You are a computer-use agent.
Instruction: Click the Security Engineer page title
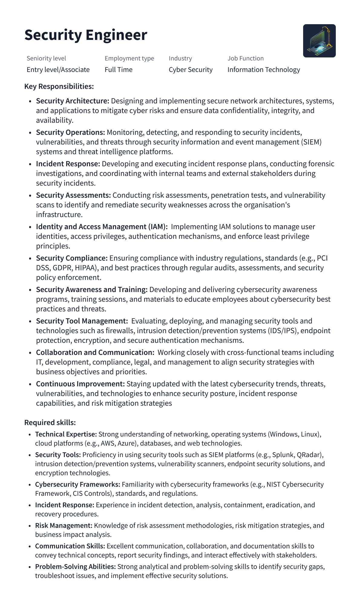[x=86, y=35]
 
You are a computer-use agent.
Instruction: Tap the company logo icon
[x=319, y=41]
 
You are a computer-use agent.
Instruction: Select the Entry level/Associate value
[x=58, y=70]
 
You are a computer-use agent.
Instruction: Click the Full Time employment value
[x=119, y=70]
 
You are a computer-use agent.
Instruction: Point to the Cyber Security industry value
[x=191, y=70]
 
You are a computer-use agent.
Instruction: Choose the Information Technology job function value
[x=263, y=70]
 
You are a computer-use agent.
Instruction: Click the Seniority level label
[x=46, y=58]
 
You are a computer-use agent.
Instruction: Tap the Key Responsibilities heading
[x=59, y=86]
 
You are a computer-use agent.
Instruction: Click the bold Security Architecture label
[x=73, y=101]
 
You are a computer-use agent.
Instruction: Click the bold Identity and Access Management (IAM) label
[x=102, y=227]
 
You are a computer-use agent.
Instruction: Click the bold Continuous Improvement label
[x=80, y=384]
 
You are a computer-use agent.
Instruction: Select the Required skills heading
[x=50, y=423]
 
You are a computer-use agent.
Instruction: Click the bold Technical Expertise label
[x=66, y=434]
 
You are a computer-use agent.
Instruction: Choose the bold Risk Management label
[x=64, y=526]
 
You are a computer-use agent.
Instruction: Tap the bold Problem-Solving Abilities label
[x=75, y=567]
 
